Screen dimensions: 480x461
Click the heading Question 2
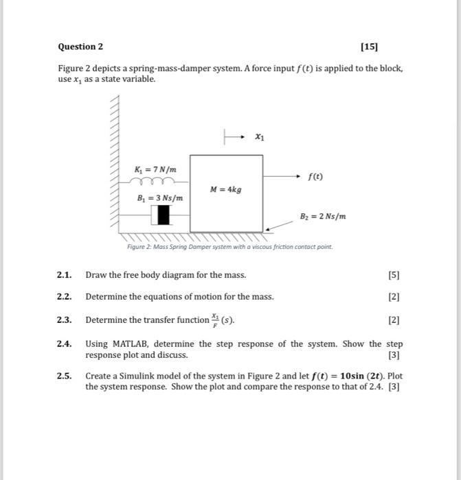tap(80, 47)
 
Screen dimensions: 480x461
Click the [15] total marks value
tap(370, 47)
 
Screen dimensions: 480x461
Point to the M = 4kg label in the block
tap(226, 189)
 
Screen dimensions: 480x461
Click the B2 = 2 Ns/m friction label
tap(323, 216)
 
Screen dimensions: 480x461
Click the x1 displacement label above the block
tap(258, 137)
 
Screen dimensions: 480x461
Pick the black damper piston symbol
tap(163, 215)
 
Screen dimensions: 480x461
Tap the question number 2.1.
tap(65, 275)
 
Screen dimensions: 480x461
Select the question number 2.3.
tap(65, 320)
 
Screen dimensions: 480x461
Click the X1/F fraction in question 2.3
tap(216, 320)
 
